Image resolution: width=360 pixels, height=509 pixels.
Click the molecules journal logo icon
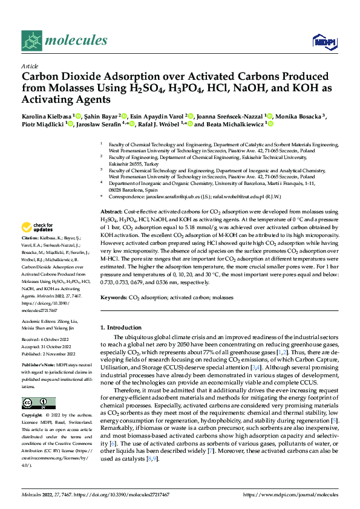point(32,41)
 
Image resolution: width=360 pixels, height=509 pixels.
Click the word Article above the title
point(30,66)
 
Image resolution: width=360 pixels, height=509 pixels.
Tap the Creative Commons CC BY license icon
point(38,403)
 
